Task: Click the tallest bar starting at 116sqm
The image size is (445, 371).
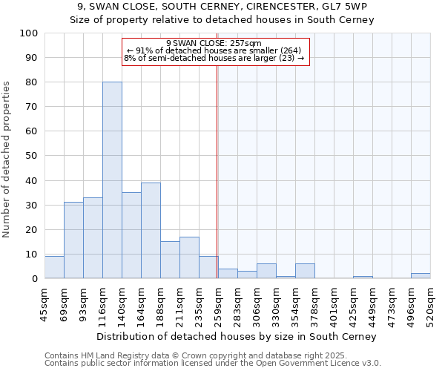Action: [x=112, y=180]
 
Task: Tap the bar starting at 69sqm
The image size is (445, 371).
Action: [x=73, y=240]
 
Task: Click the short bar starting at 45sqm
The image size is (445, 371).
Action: [x=54, y=267]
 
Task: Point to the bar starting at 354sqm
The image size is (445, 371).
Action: [x=305, y=271]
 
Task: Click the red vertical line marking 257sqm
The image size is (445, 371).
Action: [x=217, y=171]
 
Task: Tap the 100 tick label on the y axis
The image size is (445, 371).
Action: [x=29, y=33]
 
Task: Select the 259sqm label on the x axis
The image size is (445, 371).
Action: [x=218, y=302]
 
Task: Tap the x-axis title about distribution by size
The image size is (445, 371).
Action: [x=237, y=336]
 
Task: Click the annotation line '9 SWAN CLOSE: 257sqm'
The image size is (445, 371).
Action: [x=214, y=43]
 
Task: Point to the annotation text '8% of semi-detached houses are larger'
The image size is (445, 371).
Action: [x=214, y=58]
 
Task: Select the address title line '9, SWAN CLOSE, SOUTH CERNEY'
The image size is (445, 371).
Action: [x=222, y=7]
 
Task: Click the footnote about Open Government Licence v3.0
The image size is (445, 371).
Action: [x=213, y=364]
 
